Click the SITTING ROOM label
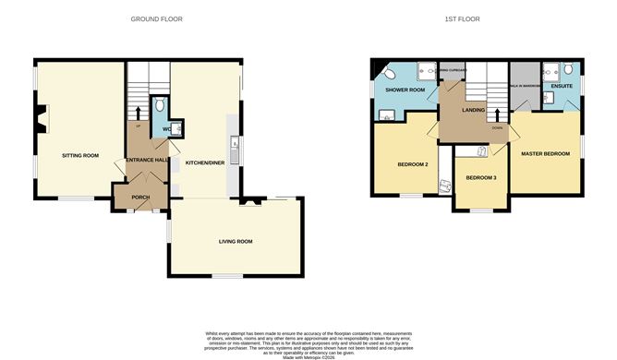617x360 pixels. (x=79, y=156)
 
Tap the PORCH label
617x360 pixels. (x=140, y=197)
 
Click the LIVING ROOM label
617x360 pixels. (x=236, y=241)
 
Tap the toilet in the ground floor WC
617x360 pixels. (x=160, y=104)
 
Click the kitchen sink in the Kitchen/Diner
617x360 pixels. (x=236, y=145)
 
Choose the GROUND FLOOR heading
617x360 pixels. (x=156, y=18)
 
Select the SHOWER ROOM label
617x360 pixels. (x=404, y=90)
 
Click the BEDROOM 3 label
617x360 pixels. (x=480, y=177)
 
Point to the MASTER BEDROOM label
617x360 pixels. (x=545, y=153)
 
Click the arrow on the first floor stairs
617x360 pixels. (x=499, y=116)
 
